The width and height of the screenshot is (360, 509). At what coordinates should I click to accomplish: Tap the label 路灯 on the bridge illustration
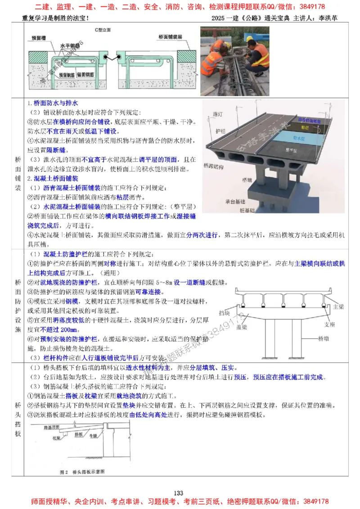(217, 114)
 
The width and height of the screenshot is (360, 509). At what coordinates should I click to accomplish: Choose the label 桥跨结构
(214, 165)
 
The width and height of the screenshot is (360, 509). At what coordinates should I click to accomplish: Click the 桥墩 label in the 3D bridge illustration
(247, 180)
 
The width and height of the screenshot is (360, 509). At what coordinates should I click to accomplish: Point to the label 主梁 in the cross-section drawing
(338, 307)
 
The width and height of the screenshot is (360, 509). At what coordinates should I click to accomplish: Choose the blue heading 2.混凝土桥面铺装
(56, 179)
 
